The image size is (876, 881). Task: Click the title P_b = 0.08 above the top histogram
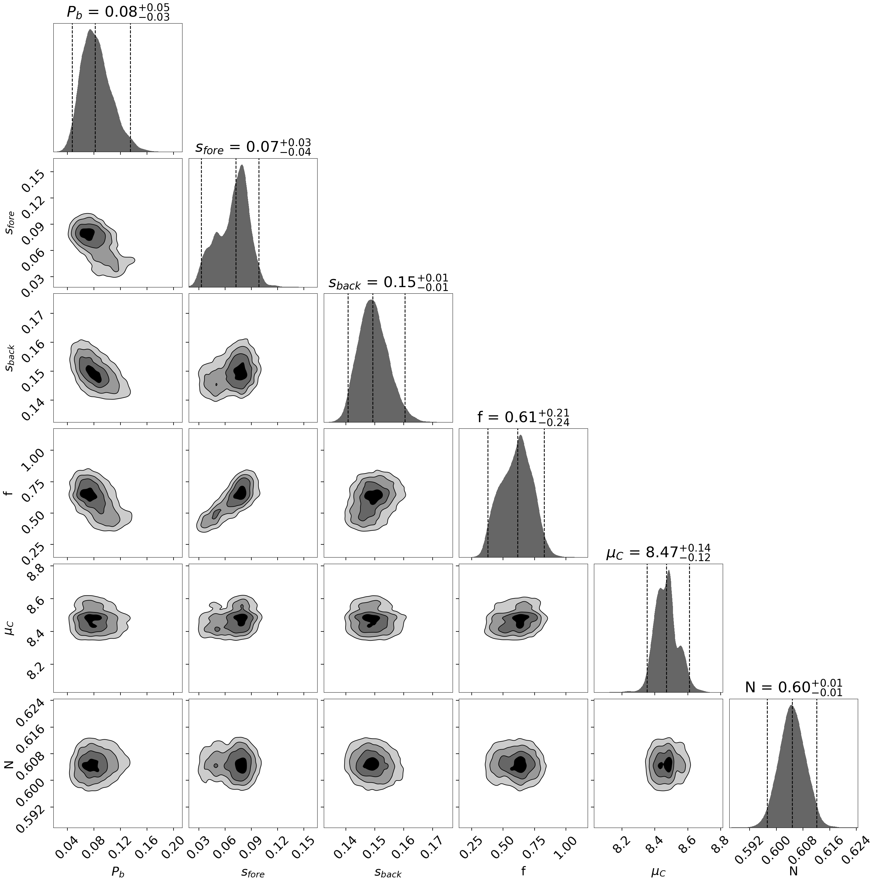pos(118,12)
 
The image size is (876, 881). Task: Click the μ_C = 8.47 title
pos(658,553)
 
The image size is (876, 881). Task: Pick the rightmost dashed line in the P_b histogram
pos(130,87)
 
